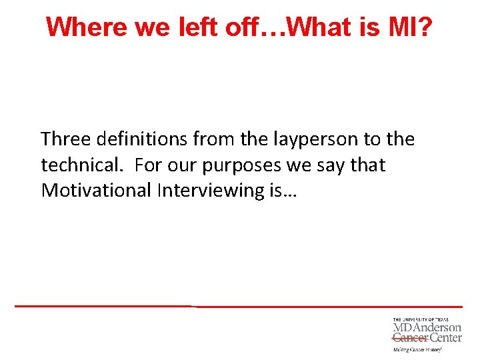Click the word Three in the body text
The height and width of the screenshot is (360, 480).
coord(67,139)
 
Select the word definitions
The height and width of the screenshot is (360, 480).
coord(143,139)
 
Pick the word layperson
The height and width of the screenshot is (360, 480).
coord(305,139)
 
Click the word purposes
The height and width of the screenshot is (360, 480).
coord(253,165)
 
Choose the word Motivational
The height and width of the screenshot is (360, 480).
coord(96,190)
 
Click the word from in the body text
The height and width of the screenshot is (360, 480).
coord(214,139)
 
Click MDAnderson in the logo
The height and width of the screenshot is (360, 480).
coord(427,328)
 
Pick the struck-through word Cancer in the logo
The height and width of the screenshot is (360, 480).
coord(409,338)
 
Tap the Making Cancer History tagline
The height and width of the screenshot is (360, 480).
coord(417,349)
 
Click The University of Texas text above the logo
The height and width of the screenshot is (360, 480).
coord(421,320)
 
